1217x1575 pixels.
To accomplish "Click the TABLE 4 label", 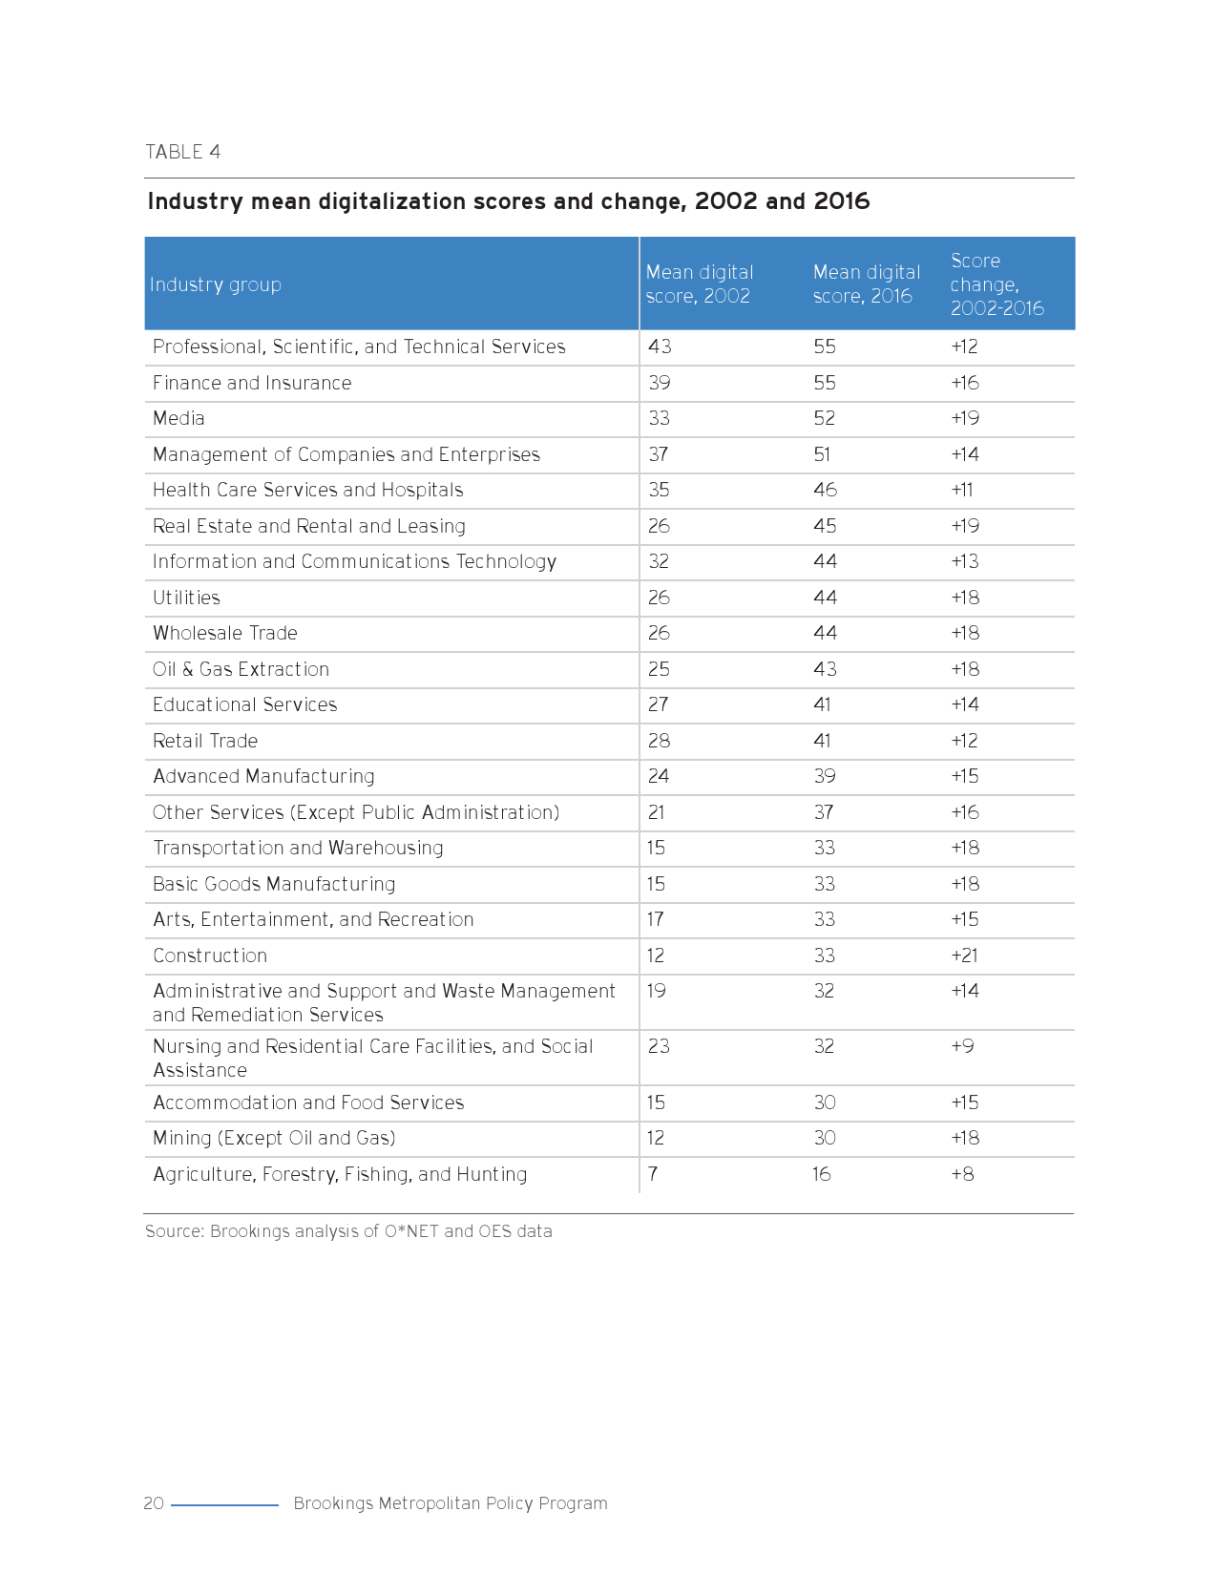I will [182, 152].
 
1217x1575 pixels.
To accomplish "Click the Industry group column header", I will [216, 284].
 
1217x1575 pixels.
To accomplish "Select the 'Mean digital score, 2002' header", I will [700, 284].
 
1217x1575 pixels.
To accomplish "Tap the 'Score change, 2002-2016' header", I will [997, 284].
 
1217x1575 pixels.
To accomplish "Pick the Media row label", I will [178, 418].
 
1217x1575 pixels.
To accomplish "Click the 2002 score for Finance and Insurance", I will [659, 383].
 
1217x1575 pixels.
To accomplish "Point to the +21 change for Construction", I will [964, 955].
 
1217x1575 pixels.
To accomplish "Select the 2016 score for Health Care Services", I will [825, 490].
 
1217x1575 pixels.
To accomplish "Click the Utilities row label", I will [186, 598].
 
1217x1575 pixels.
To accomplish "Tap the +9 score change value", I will [962, 1046].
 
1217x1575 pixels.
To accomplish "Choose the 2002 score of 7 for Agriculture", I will [653, 1174].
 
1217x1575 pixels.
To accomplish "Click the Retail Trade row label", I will [205, 741].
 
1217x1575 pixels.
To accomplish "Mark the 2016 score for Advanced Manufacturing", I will [825, 776].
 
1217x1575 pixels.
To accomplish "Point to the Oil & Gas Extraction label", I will [241, 669].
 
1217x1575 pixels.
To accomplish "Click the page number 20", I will [154, 1503].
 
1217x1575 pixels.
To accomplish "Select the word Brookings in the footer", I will [333, 1503].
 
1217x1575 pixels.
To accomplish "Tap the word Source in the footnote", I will [174, 1231].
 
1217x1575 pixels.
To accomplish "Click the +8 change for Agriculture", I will [962, 1174].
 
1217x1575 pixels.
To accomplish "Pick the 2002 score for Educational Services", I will [659, 704].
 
